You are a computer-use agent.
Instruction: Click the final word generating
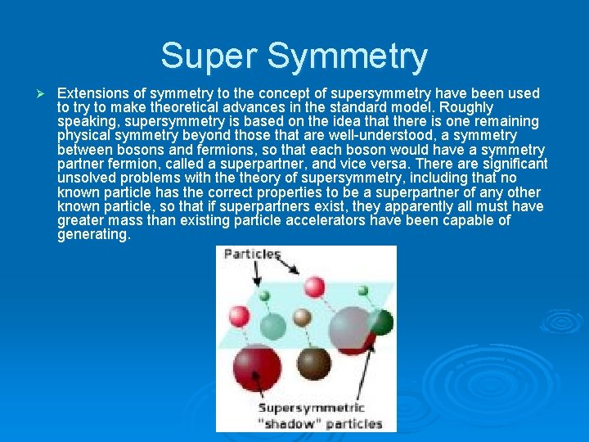pyautogui.click(x=93, y=235)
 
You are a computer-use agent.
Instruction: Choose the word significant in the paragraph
pyautogui.click(x=506, y=165)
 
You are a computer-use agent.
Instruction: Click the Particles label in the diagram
pyautogui.click(x=252, y=255)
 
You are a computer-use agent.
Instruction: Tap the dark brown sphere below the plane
pyautogui.click(x=312, y=361)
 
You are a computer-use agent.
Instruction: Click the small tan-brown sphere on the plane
pyautogui.click(x=302, y=318)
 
